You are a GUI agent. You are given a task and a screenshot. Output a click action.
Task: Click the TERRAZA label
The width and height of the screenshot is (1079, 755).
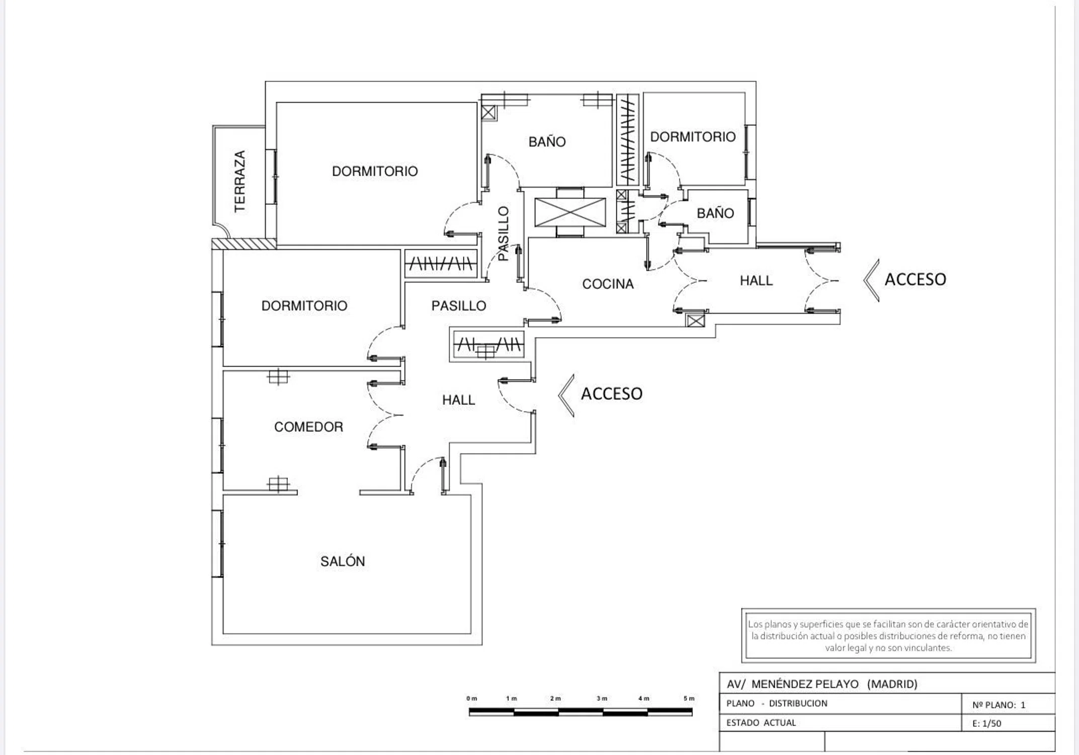[x=240, y=181]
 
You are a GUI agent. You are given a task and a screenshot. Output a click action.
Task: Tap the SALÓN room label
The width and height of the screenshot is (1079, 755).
[x=343, y=561]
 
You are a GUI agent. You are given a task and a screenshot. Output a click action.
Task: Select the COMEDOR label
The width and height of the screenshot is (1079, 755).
[x=308, y=427]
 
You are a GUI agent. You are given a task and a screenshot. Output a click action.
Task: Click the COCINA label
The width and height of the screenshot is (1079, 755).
[x=608, y=284]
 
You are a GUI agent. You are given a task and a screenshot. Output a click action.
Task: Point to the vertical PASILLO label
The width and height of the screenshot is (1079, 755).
[x=504, y=234]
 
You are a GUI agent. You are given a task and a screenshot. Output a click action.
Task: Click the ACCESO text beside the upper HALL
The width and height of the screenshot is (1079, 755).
[x=915, y=279]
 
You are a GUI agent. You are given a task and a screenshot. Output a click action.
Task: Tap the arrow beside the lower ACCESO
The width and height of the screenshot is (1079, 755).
[x=566, y=395]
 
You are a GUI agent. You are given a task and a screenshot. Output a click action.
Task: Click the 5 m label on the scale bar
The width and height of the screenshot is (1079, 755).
[x=689, y=699]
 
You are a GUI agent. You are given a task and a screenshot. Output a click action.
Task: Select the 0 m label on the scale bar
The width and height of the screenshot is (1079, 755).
[x=471, y=699]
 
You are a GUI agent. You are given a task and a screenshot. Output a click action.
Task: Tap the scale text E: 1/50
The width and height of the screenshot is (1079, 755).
[x=986, y=723]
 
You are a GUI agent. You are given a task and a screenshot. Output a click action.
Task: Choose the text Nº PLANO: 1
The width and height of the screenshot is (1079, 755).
[x=999, y=705]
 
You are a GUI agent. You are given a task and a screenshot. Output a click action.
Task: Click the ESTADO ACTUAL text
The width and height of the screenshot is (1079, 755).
[x=761, y=723]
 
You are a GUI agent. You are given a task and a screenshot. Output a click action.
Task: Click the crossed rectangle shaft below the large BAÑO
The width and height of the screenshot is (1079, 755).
[x=570, y=212]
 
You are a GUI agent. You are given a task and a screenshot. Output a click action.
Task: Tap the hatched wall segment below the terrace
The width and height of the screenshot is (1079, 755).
[x=243, y=244]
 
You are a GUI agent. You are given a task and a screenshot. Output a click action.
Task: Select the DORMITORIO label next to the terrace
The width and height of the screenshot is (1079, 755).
[x=375, y=171]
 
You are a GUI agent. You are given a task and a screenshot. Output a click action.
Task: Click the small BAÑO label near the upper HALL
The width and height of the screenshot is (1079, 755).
[x=715, y=213]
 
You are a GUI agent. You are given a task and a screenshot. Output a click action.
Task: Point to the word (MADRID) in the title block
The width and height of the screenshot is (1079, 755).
[x=892, y=684]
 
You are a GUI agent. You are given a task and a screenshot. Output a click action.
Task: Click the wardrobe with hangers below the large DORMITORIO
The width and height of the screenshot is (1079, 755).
[x=441, y=263]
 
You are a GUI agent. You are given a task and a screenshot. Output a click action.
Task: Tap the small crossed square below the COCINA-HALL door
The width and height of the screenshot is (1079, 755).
[x=696, y=320]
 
